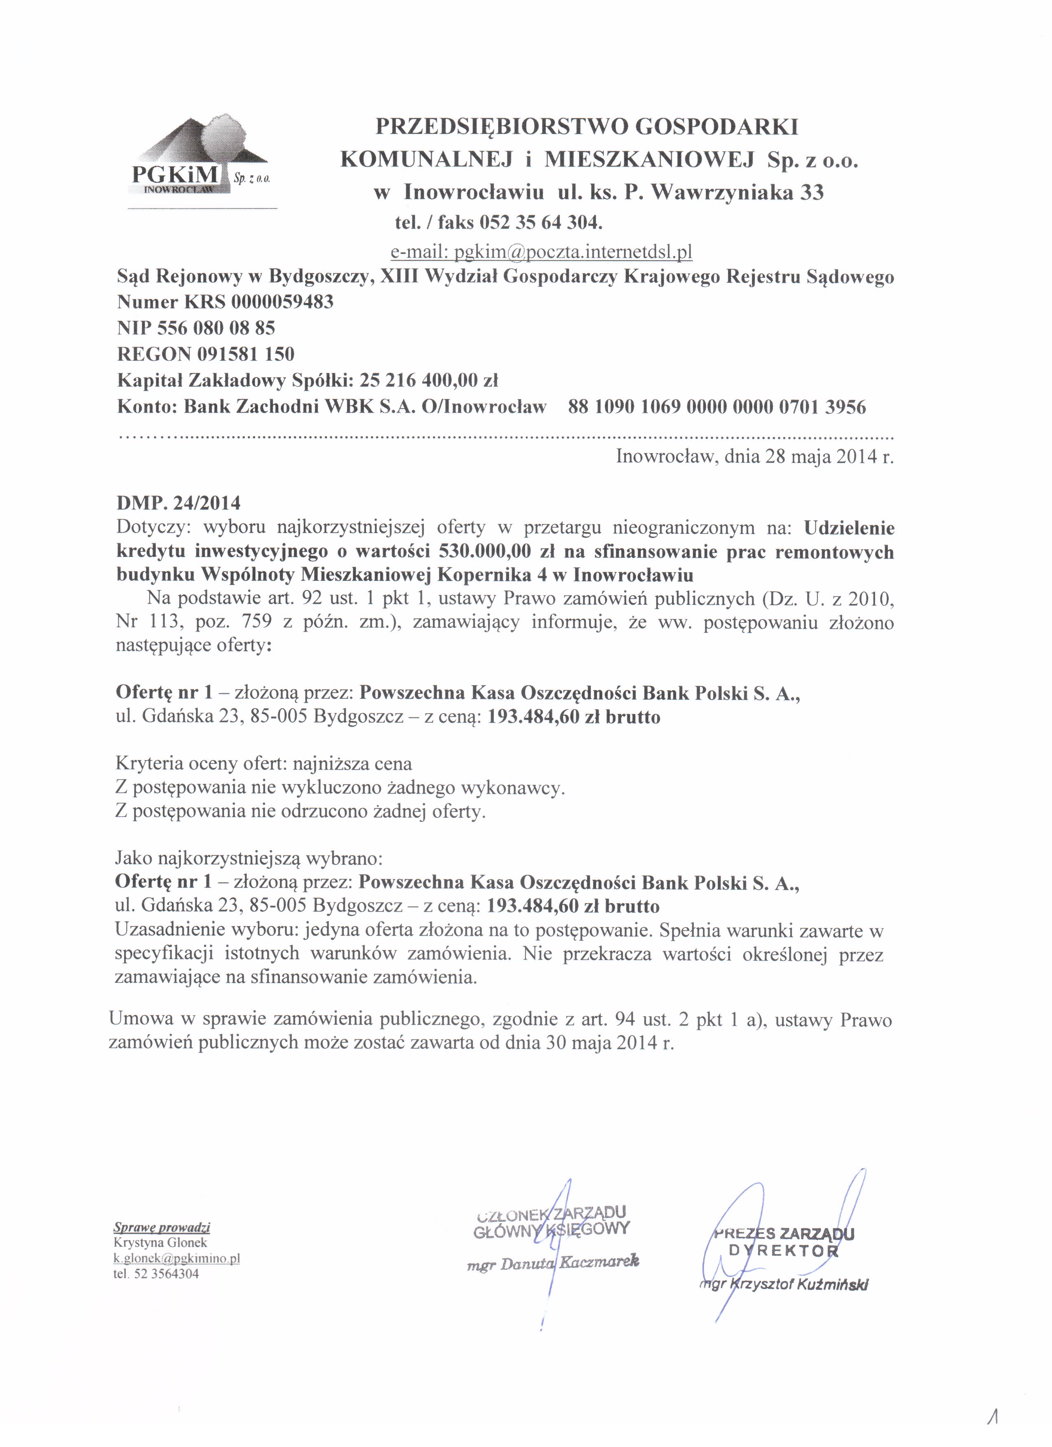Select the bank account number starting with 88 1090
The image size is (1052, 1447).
pos(716,406)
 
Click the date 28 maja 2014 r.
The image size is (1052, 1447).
pos(829,457)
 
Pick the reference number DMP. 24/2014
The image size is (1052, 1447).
pos(178,503)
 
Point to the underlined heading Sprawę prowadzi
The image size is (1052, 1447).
pos(162,1228)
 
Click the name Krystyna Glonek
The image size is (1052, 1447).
pos(160,1243)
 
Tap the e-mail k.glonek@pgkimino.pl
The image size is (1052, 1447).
pos(177,1258)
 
